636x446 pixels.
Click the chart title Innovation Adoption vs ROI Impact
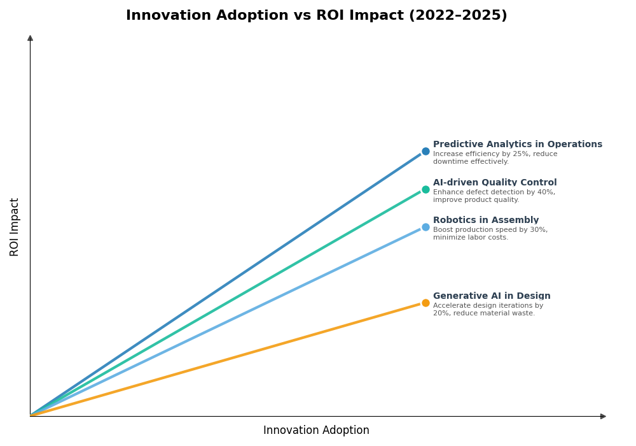316,15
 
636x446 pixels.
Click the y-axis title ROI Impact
15,227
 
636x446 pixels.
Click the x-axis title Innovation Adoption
316,431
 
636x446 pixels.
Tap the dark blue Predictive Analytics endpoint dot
425,152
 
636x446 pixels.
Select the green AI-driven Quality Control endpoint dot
425,189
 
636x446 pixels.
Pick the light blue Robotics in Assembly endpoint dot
425,227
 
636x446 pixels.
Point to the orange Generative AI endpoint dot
425,303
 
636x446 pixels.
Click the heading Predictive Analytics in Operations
517,145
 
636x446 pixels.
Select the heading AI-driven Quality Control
494,183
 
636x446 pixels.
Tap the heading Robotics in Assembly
485,220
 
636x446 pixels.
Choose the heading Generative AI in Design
492,296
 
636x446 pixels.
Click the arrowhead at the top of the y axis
30,38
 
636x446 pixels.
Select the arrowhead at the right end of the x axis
603,416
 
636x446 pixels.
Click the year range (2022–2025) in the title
457,15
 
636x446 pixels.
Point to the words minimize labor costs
471,238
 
